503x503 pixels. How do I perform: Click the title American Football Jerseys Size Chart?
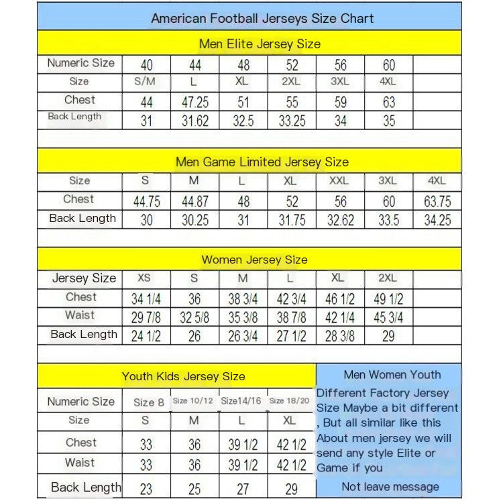coord(262,18)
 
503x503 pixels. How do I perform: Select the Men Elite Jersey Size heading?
coord(260,44)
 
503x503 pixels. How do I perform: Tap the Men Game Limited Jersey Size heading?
coord(262,162)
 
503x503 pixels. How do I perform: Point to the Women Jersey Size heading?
coord(254,260)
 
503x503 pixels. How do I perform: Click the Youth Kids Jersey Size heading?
coord(183,376)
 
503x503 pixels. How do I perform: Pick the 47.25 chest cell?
coord(194,103)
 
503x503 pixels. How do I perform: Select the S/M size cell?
coord(146,82)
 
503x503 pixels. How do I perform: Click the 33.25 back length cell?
coord(292,121)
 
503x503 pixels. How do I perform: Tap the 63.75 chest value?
coord(437,201)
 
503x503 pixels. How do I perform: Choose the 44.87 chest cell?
coord(194,201)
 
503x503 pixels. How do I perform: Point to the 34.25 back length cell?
coord(437,219)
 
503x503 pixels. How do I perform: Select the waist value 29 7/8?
coord(146,317)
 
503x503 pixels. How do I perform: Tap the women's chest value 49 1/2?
coord(388,298)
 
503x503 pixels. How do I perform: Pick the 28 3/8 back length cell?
coord(340,335)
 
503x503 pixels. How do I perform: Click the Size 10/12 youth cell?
coord(193,401)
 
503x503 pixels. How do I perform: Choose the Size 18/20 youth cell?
coord(289,401)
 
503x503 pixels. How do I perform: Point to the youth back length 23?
coord(146,489)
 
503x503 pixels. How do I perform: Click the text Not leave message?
coord(390,487)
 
